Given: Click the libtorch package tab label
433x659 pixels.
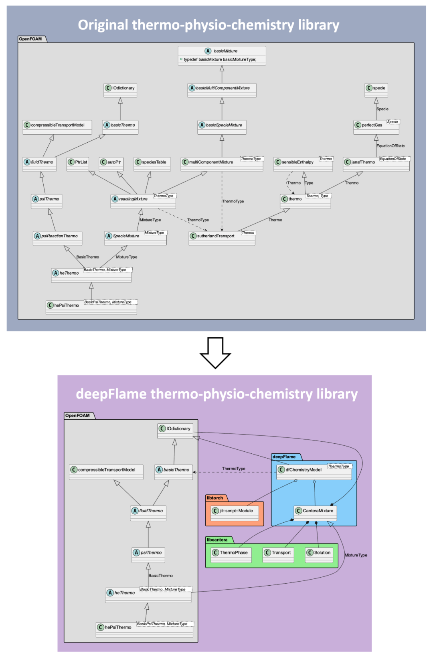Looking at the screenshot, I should (x=215, y=498).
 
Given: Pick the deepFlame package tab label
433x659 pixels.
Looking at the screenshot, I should (x=284, y=457).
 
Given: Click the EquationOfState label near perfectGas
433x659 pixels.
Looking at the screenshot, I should (x=390, y=146).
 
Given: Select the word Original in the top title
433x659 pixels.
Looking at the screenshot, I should (x=103, y=25).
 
